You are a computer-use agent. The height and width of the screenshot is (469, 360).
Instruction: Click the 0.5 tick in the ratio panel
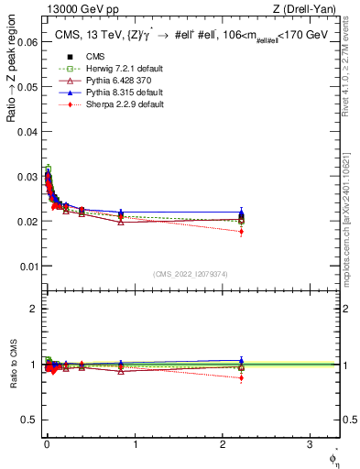pyautogui.click(x=33, y=420)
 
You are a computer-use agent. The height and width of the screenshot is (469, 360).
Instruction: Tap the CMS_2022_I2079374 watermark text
pyautogui.click(x=190, y=274)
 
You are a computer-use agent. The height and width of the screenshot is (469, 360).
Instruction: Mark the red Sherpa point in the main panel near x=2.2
pyautogui.click(x=241, y=232)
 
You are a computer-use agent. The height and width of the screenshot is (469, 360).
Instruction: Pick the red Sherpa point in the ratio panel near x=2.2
pyautogui.click(x=241, y=377)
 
